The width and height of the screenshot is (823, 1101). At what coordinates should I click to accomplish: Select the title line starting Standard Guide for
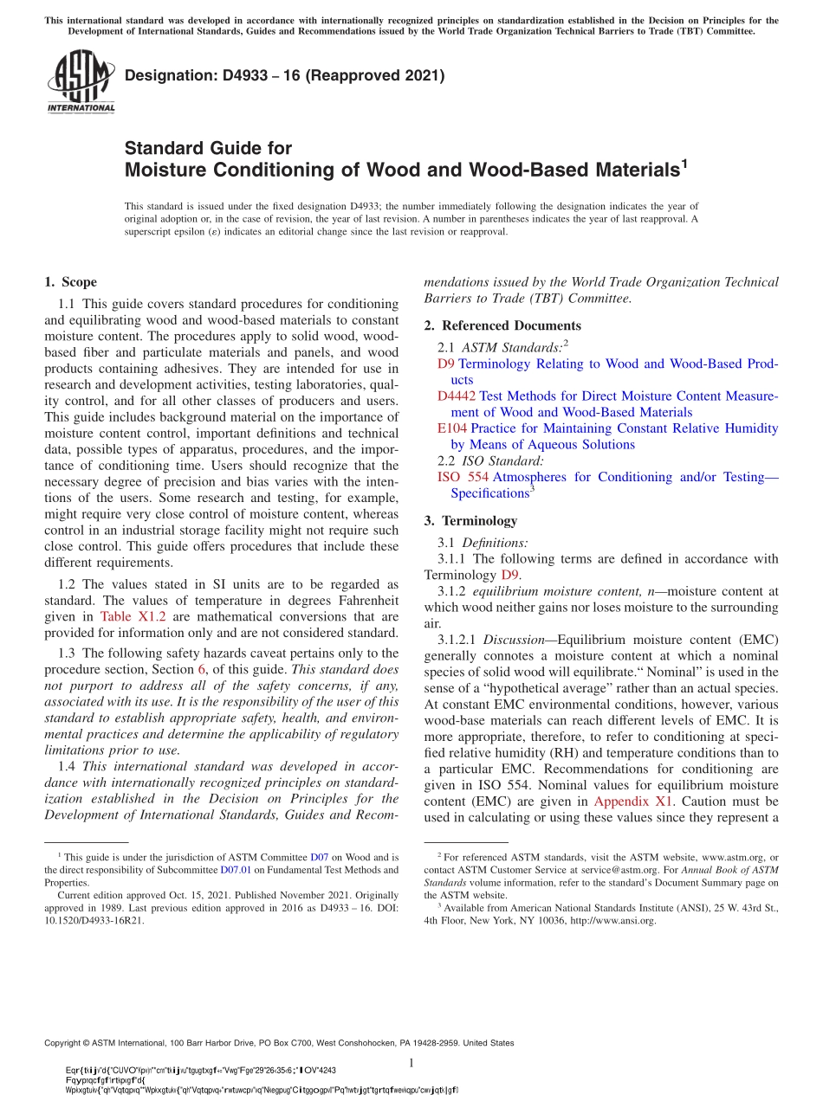[208, 148]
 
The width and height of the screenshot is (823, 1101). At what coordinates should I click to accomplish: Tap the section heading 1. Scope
[70, 282]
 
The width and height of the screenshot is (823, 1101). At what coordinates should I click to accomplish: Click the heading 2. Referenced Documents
[502, 325]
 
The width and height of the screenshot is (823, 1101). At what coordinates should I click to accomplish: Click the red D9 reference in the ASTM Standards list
[446, 364]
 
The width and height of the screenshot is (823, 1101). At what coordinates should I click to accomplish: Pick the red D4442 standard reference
[457, 396]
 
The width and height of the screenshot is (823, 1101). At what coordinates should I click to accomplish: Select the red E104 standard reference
[452, 428]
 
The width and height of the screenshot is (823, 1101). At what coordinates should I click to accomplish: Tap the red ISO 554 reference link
[463, 477]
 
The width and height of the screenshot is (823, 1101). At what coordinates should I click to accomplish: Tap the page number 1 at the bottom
[411, 1063]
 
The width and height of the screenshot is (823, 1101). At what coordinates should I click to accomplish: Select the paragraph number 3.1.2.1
[457, 640]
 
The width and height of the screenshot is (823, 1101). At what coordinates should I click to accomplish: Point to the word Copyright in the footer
[62, 1044]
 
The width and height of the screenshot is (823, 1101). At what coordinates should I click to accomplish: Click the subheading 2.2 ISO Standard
[490, 460]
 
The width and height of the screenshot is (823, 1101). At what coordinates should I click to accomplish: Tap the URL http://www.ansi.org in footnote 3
[612, 921]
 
